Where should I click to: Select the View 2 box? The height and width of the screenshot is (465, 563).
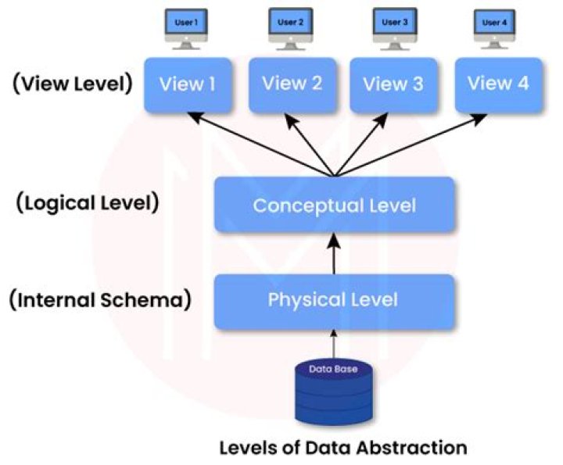coord(291,84)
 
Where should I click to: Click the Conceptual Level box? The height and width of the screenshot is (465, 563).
coord(334,205)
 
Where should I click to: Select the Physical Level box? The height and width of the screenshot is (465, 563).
coord(334,300)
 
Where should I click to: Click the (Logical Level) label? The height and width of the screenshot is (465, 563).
coord(87,204)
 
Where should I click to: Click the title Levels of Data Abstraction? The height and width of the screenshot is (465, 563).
coord(342,448)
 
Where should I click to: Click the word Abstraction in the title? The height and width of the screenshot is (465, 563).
coord(415,448)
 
